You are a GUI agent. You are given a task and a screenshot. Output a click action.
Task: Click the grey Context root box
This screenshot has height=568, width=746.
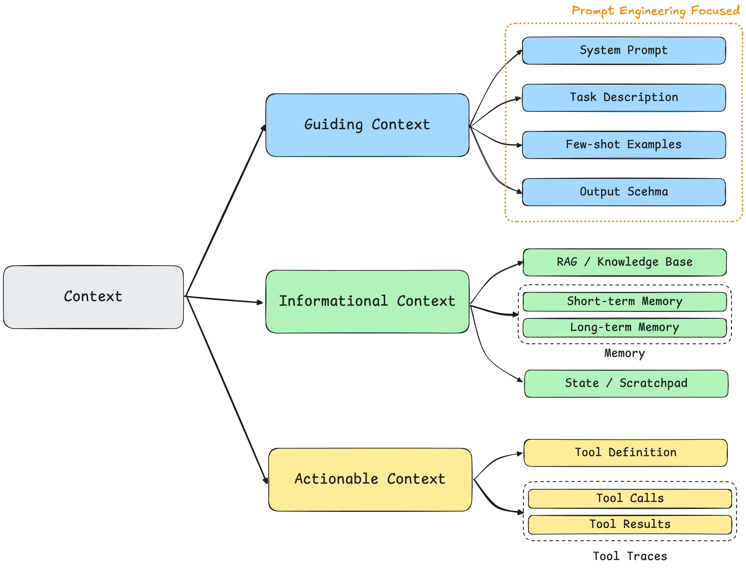(x=93, y=297)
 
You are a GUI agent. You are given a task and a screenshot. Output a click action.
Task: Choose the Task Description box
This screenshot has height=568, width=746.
(x=623, y=98)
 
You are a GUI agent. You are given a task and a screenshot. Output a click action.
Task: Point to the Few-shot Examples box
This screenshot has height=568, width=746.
(x=623, y=145)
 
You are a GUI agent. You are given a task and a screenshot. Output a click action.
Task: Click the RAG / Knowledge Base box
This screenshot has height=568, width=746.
(x=624, y=262)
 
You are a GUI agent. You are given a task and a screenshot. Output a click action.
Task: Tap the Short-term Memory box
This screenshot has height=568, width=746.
(x=624, y=302)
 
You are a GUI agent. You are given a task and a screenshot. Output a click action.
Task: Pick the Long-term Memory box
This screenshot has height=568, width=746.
(x=624, y=328)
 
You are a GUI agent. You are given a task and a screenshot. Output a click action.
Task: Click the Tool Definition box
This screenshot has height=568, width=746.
(x=625, y=453)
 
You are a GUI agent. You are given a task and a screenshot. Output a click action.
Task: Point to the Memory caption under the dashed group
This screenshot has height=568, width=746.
(x=624, y=353)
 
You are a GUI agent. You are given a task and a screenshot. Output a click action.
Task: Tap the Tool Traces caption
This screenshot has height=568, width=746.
(x=630, y=556)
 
